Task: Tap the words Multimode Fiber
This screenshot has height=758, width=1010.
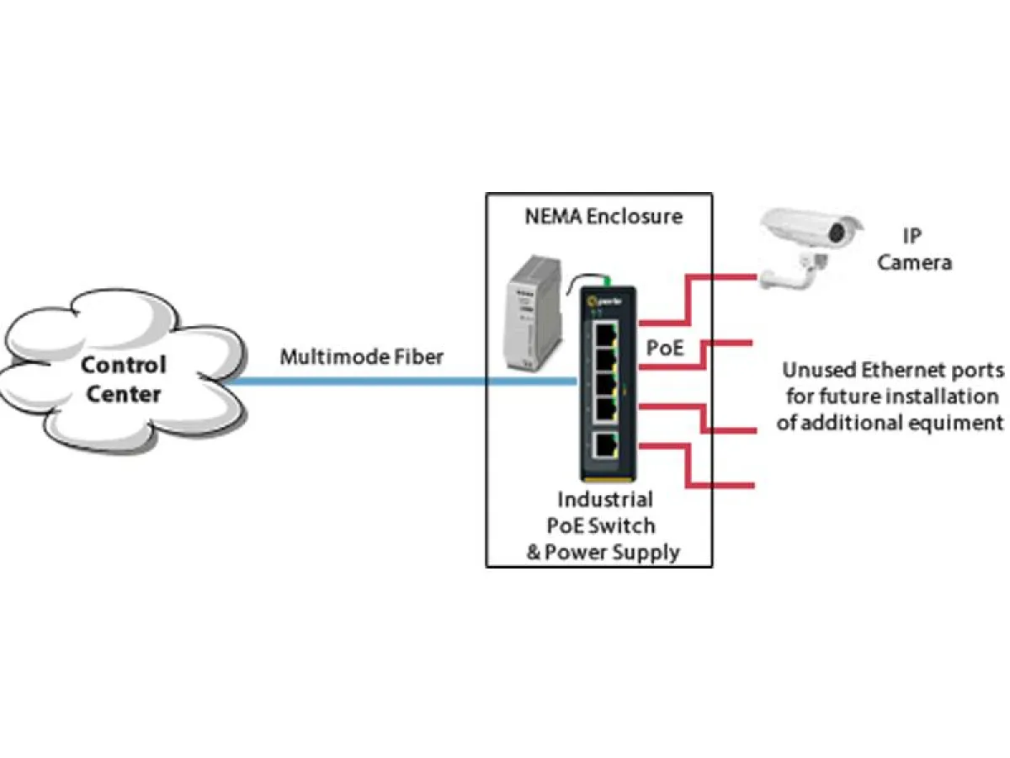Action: point(361,356)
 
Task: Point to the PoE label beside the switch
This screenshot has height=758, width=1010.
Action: point(664,347)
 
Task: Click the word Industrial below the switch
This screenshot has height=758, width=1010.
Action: point(604,499)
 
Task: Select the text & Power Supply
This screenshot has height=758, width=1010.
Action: point(603,552)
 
